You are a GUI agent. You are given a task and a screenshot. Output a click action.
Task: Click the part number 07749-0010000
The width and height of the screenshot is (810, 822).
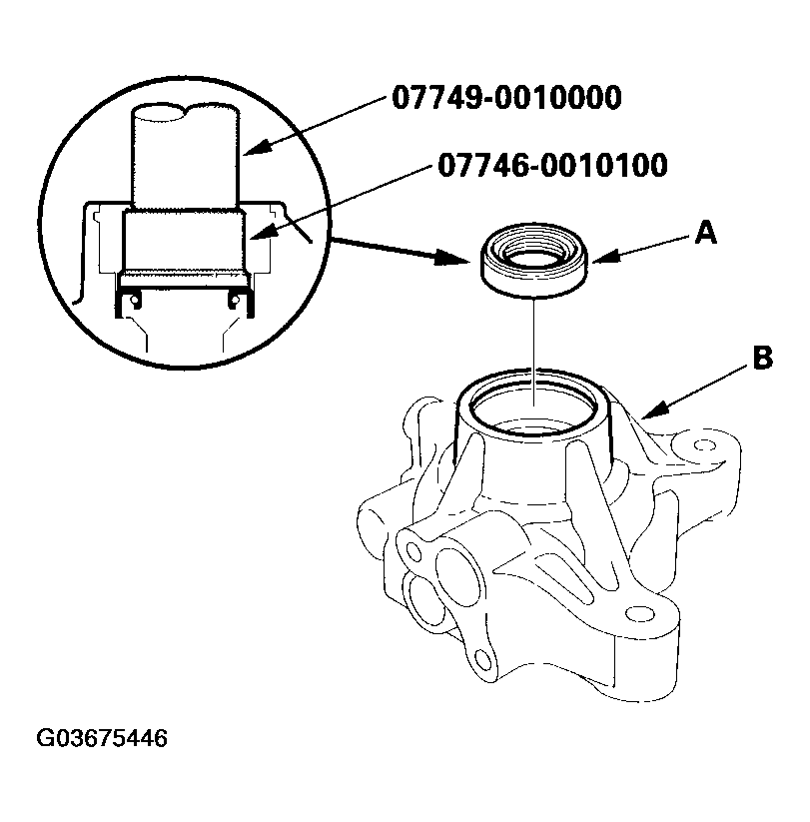pos(507,98)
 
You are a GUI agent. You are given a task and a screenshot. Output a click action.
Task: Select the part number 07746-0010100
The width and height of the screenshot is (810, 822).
pos(551,165)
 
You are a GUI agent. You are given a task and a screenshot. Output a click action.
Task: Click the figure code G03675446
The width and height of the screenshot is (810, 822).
pos(102,740)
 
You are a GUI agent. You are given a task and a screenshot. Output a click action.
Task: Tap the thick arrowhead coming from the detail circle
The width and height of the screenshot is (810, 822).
pos(458,259)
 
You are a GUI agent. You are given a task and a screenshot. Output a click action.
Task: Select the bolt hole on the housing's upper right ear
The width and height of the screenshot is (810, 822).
pos(706,443)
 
